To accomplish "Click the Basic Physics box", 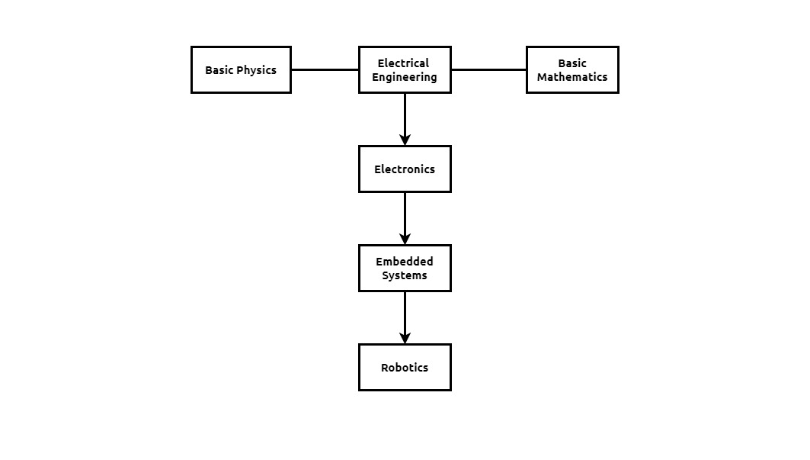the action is [x=242, y=70].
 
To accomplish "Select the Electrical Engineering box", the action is [x=405, y=70].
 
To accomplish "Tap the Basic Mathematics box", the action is [x=572, y=70].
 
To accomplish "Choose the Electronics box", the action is [x=405, y=169].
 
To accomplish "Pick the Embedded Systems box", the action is [x=405, y=268].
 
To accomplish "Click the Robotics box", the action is [x=405, y=368].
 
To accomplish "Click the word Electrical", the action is [x=403, y=63].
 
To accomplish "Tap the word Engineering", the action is [x=405, y=78].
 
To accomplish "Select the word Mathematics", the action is [x=572, y=77].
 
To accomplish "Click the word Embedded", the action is [x=405, y=262].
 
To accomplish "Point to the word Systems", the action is [x=405, y=276].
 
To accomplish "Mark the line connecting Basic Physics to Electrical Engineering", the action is [x=325, y=70].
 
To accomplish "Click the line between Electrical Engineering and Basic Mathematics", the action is [x=488, y=70].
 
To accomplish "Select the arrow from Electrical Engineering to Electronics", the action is [x=405, y=120].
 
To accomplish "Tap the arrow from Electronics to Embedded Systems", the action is [x=405, y=218].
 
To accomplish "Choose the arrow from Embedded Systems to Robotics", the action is [x=405, y=317].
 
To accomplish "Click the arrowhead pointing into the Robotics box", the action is [x=405, y=338].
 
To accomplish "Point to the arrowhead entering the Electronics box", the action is [x=405, y=140].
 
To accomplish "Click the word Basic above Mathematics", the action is [x=572, y=63].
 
